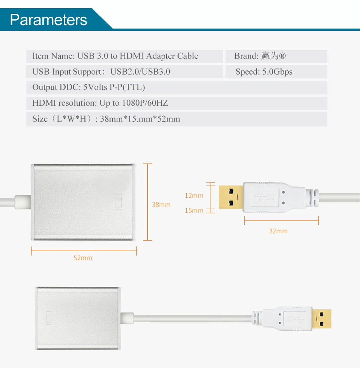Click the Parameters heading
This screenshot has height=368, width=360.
[x=48, y=19]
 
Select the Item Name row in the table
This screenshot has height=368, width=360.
[x=115, y=56]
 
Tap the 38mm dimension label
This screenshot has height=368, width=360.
[x=161, y=205]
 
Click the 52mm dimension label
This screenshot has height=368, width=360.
[x=82, y=258]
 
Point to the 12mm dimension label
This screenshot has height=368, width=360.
[x=194, y=195]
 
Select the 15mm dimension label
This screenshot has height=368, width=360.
[x=194, y=211]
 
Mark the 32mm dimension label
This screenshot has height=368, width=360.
[x=278, y=231]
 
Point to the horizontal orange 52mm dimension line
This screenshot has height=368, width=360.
[x=84, y=251]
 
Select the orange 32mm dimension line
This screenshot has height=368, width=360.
[x=281, y=221]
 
